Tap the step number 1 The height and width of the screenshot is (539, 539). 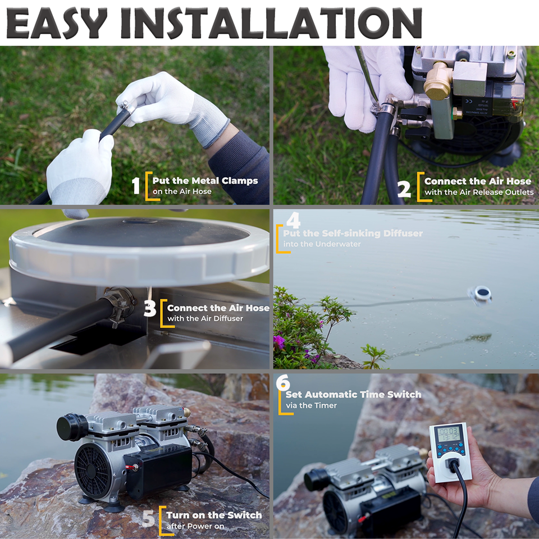pyautogui.click(x=136, y=185)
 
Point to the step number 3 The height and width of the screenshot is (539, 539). pyautogui.click(x=150, y=309)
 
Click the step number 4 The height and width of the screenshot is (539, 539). pyautogui.click(x=293, y=221)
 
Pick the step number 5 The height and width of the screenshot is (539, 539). pyautogui.click(x=148, y=519)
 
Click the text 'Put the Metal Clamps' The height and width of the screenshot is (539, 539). pyautogui.click(x=205, y=181)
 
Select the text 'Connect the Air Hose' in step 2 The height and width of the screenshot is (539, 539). pyautogui.click(x=477, y=181)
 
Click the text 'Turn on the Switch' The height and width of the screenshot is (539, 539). pyautogui.click(x=214, y=515)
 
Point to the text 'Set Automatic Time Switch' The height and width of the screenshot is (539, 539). pyautogui.click(x=350, y=394)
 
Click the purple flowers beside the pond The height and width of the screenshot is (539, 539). pyautogui.click(x=279, y=341)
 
